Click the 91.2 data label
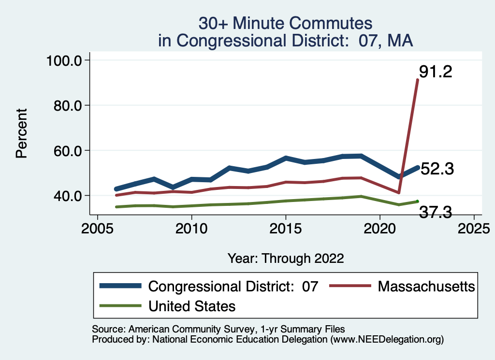(436, 72)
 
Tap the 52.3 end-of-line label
(437, 169)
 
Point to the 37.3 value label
(436, 211)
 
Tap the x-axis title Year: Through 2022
(286, 258)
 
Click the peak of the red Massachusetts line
(418, 80)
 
